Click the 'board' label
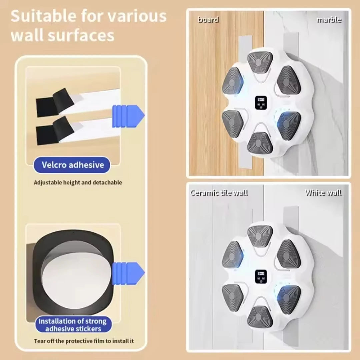pyautogui.click(x=208, y=20)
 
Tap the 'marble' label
pyautogui.click(x=329, y=20)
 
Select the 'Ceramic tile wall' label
pyautogui.click(x=219, y=193)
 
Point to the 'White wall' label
pyautogui.click(x=323, y=193)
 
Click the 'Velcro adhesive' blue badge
pyautogui.click(x=72, y=165)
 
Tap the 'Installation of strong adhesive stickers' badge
pyautogui.click(x=72, y=325)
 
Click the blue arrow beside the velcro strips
pyautogui.click(x=128, y=116)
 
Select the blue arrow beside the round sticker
pyautogui.click(x=128, y=273)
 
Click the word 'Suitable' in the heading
pyautogui.click(x=44, y=17)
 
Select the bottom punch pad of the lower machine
pyautogui.click(x=260, y=316)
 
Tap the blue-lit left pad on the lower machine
pyautogui.click(x=232, y=255)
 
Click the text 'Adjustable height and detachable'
pyautogui.click(x=78, y=183)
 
